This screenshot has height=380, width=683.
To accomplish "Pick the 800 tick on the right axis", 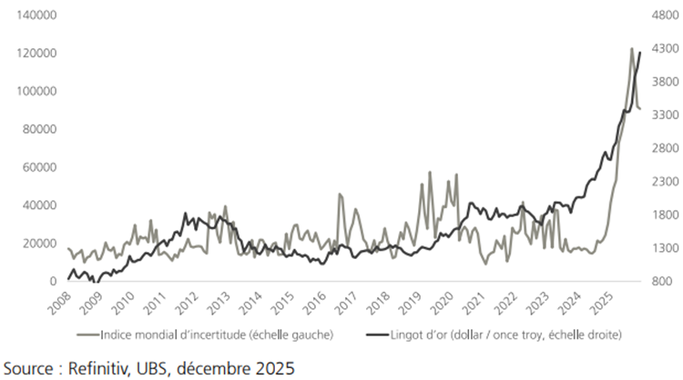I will click(660, 282).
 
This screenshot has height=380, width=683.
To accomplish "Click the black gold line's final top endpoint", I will click(640, 53).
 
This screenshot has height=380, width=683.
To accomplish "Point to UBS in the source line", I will click(157, 368).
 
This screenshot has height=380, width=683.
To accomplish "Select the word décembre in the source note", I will click(219, 368).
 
